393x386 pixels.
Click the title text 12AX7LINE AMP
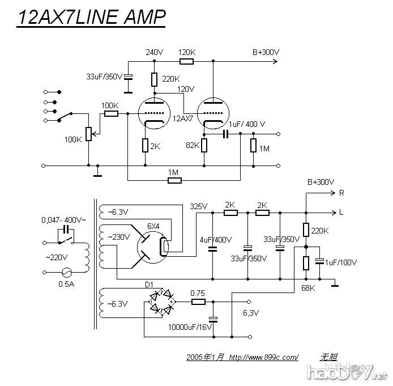click(x=91, y=18)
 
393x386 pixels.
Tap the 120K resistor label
click(x=187, y=52)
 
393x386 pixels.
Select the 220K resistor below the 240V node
click(x=154, y=79)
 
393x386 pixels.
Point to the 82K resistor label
click(x=193, y=146)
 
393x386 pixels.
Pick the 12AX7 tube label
click(x=183, y=119)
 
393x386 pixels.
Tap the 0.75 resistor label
click(x=197, y=293)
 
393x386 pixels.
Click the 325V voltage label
click(x=199, y=206)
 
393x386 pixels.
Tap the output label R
click(x=341, y=193)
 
